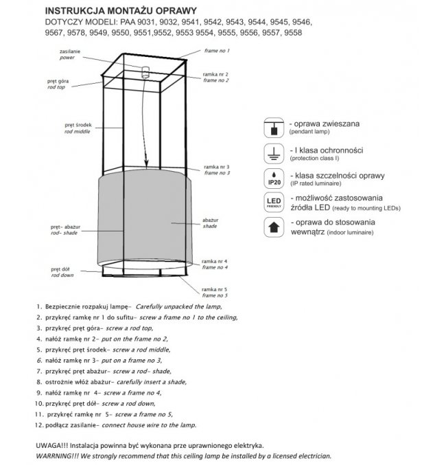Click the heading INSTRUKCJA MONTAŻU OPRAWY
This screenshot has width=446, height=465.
pos(120,11)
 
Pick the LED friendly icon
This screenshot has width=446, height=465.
pos(274,203)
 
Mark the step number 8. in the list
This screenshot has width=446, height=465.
pos(40,382)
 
